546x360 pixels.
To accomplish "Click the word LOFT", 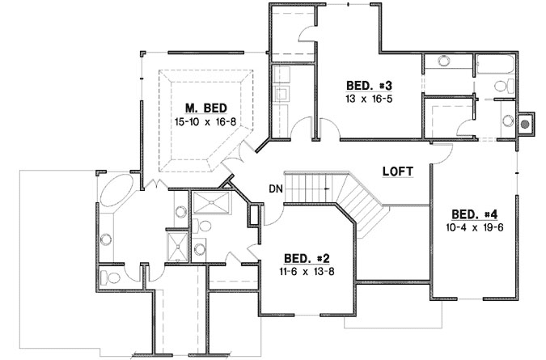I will [x=399, y=172].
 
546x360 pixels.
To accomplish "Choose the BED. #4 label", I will [x=474, y=214].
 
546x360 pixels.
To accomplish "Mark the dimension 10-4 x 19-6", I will [x=474, y=229].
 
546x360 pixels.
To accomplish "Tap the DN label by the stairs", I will [x=276, y=190].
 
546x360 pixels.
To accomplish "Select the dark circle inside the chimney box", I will [x=525, y=124].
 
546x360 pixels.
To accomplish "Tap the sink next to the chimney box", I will [x=507, y=122].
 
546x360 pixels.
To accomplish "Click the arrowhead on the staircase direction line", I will [x=327, y=189].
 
